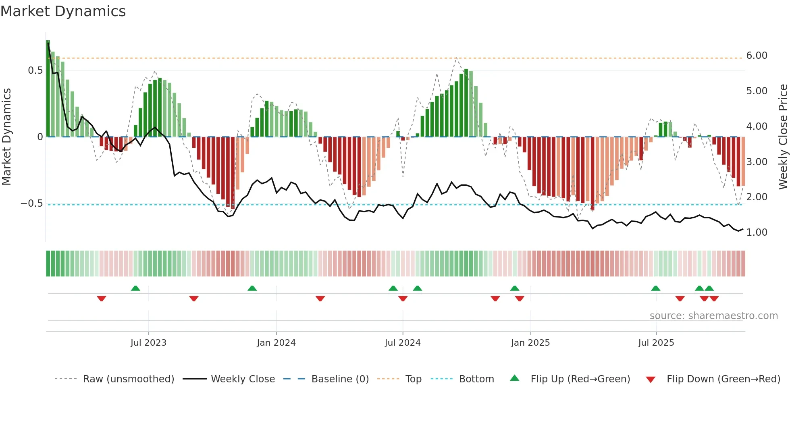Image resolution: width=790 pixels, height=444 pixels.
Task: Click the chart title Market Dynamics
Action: (63, 11)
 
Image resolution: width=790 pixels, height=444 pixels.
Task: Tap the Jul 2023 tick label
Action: (148, 343)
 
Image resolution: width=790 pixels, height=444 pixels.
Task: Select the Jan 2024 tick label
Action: (276, 343)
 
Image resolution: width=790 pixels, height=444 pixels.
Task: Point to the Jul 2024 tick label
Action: (403, 343)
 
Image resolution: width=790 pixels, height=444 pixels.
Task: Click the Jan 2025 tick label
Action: (530, 343)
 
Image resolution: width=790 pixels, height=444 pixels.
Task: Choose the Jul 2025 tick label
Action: (656, 343)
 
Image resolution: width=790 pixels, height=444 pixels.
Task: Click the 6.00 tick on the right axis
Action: (757, 56)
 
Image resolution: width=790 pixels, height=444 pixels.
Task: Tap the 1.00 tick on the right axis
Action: (757, 232)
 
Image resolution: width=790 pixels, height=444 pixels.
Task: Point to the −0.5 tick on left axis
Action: (32, 203)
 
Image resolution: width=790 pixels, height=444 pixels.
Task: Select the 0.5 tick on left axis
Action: (35, 71)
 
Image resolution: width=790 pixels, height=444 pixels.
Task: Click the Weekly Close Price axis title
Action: (783, 137)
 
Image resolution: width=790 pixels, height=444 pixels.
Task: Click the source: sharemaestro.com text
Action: (713, 316)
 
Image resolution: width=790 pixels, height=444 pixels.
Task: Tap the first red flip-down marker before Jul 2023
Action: (102, 299)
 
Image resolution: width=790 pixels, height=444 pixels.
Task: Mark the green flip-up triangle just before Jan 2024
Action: (252, 288)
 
